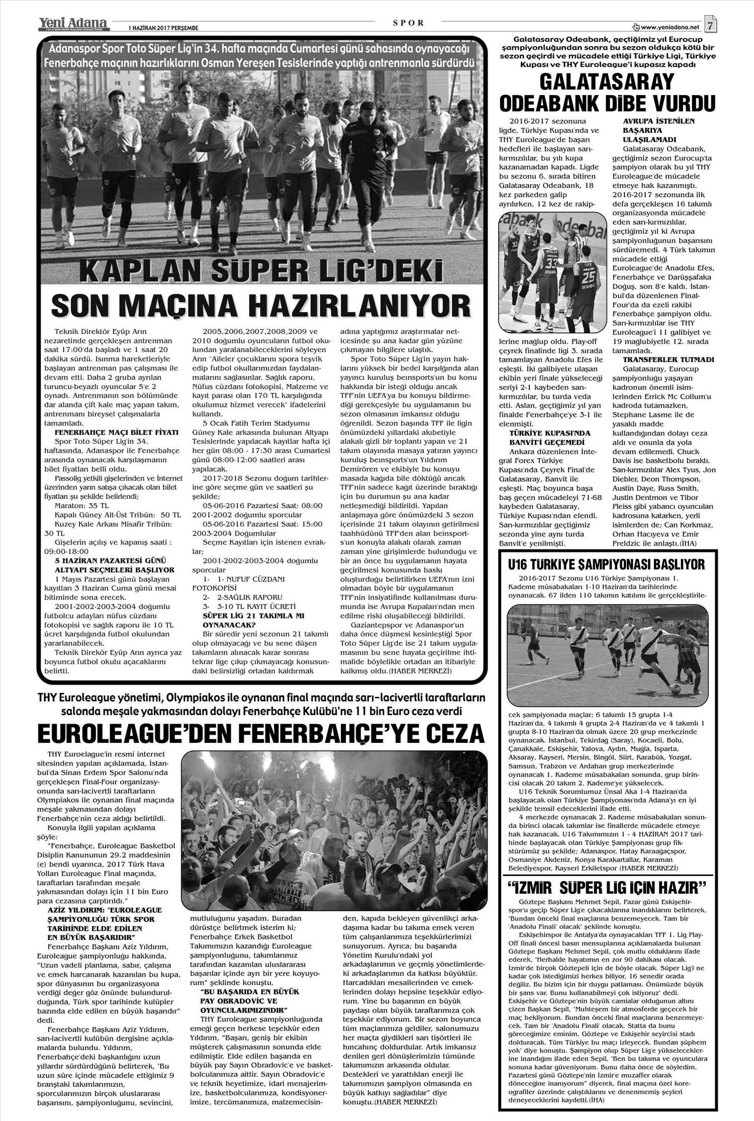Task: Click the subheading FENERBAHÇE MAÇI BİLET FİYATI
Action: click(117, 432)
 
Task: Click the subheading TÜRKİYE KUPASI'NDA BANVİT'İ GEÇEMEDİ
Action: click(543, 438)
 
